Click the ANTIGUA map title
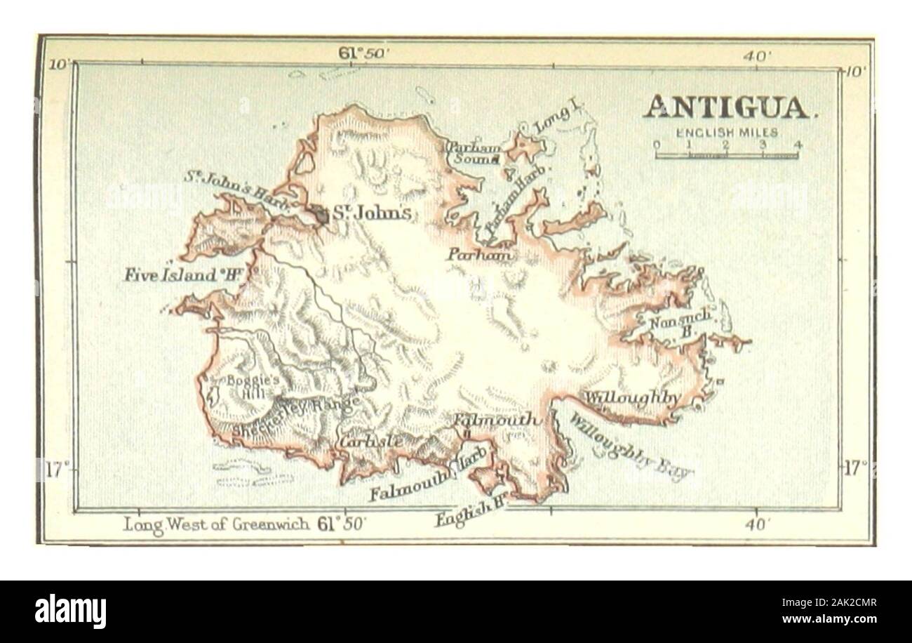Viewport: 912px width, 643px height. (x=727, y=107)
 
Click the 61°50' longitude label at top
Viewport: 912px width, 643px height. (x=358, y=53)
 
